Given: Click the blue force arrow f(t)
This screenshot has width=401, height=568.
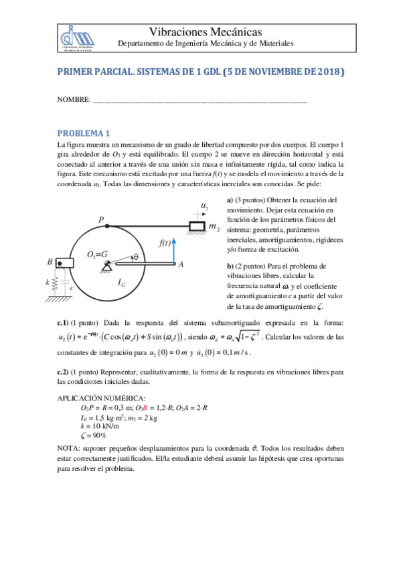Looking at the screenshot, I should click(173, 253).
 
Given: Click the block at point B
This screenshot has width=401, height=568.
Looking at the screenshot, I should click(64, 262).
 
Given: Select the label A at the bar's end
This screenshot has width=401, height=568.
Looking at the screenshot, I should click(181, 265).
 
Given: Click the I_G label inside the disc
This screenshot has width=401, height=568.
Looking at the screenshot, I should click(122, 283).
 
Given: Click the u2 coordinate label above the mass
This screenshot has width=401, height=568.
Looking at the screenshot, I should click(204, 205).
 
